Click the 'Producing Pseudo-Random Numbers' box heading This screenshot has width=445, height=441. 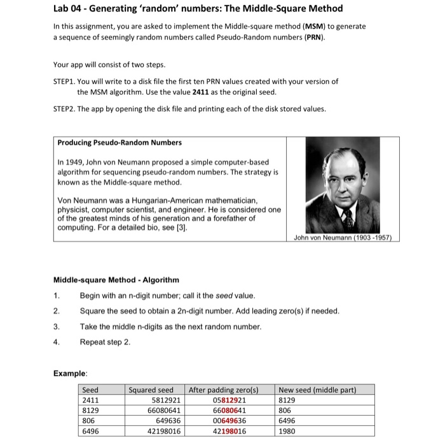120,142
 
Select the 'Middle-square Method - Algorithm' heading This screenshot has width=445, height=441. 116,280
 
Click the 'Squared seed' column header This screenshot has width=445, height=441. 151,390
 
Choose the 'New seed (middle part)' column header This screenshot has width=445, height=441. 318,390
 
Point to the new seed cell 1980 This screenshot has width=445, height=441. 289,431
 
